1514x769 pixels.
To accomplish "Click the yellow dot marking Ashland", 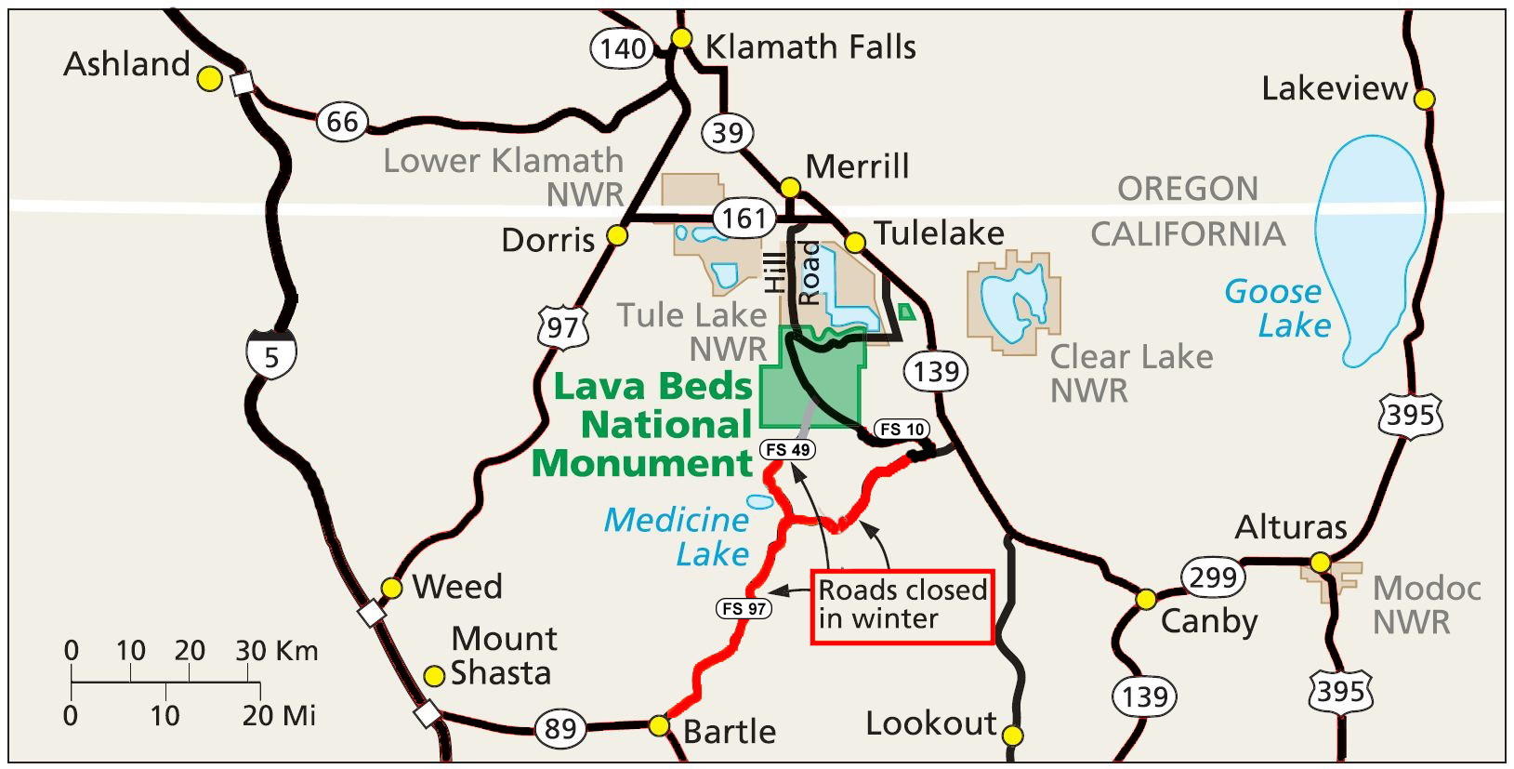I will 211,79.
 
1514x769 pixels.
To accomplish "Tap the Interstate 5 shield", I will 271,354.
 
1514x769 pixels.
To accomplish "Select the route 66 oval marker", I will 341,121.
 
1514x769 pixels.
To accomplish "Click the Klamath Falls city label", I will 810,46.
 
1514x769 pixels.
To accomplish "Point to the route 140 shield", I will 622,47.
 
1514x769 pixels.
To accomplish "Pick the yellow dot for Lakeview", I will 1424,98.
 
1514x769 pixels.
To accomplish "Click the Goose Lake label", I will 1279,308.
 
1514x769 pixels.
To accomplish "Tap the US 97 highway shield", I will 562,327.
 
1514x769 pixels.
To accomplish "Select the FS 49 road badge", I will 788,450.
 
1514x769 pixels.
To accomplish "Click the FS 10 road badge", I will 902,429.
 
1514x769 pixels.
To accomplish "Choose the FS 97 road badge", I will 744,609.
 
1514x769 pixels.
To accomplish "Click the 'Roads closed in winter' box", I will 902,605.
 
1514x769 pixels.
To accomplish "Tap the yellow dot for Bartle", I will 659,724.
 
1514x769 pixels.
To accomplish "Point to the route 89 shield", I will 560,728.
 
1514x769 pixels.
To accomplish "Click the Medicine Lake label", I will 678,537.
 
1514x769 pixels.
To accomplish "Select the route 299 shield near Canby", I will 1213,577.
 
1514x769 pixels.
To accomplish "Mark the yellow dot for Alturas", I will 1320,563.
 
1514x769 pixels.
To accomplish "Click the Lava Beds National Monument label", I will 644,424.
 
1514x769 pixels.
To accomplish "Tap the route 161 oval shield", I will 744,219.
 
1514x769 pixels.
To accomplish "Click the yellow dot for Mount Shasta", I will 434,674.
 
